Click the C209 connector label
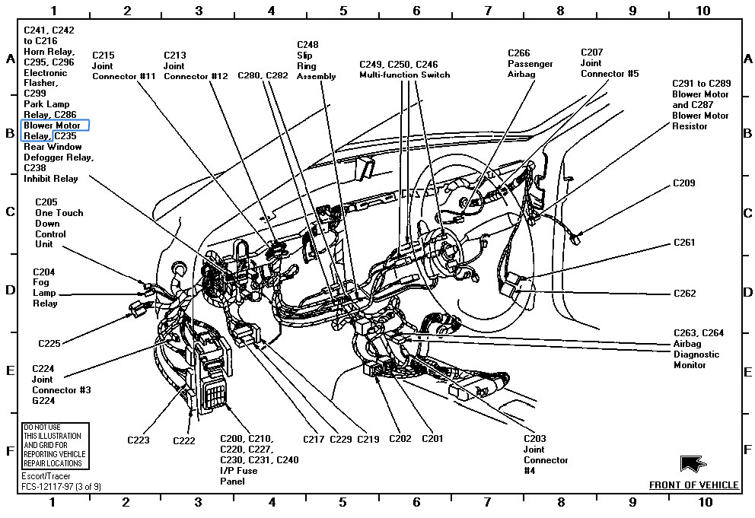(x=683, y=183)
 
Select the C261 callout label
(x=684, y=243)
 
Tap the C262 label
(x=684, y=293)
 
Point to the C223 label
(x=138, y=440)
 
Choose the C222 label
(x=184, y=440)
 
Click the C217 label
(x=314, y=439)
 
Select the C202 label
(x=400, y=439)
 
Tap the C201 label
(x=432, y=439)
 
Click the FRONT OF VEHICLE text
(x=693, y=485)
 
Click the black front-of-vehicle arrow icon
(x=693, y=463)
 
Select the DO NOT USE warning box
(x=55, y=446)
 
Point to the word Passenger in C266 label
(x=530, y=64)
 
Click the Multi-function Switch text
(x=404, y=75)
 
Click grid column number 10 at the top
(x=703, y=11)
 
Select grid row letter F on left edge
(x=10, y=450)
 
